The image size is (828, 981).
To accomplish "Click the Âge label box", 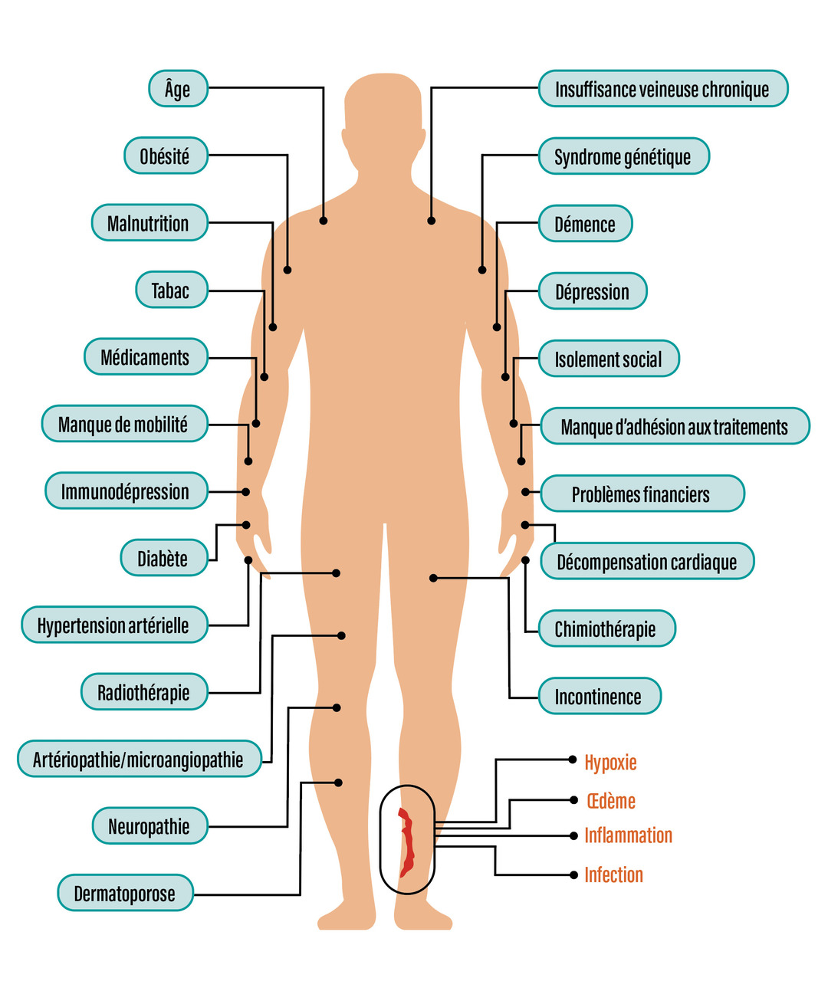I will (177, 89).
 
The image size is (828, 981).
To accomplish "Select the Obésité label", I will (165, 156).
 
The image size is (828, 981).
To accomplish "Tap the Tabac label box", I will (171, 290).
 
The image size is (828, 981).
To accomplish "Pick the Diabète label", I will (163, 559).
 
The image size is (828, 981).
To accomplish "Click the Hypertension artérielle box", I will (113, 625).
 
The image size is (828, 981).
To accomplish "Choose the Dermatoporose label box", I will (125, 894).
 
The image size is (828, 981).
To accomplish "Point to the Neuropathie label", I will (149, 827).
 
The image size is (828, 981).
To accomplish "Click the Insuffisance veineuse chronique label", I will (662, 90).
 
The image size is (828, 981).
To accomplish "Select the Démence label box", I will (585, 225).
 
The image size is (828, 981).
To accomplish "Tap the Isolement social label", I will (609, 359).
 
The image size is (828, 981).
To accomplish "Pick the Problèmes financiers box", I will (642, 494).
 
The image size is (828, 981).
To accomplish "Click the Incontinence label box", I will (599, 697).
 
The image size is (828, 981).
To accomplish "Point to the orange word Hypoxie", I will (610, 763).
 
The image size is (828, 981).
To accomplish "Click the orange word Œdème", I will (611, 801).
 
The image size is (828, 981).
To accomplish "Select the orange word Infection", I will (613, 874).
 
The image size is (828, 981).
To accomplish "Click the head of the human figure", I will (383, 115).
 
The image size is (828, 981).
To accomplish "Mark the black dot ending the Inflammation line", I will (573, 835).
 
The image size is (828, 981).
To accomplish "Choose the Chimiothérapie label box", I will (606, 629).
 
